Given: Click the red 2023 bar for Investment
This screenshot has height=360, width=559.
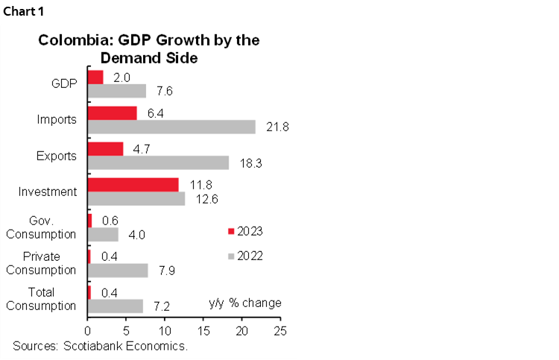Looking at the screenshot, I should (x=133, y=184).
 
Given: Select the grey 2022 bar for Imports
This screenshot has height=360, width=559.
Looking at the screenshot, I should (x=171, y=127).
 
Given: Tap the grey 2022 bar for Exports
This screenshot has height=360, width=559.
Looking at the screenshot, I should (x=158, y=162).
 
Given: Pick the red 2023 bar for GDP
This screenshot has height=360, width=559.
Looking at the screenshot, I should (x=95, y=77).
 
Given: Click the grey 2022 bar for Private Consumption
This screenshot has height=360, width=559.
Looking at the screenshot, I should (x=118, y=270).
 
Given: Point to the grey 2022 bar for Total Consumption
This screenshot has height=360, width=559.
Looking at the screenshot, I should (x=116, y=306).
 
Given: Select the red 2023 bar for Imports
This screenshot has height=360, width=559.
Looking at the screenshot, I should (x=112, y=113).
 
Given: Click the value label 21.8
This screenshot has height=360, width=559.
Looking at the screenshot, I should (x=273, y=127).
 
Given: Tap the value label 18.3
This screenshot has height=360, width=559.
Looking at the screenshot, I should (x=246, y=163).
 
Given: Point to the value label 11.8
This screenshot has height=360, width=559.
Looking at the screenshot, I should (x=195, y=184).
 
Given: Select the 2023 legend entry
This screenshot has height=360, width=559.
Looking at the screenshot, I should (x=245, y=230).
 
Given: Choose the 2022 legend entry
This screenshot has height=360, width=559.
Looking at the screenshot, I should (x=245, y=256).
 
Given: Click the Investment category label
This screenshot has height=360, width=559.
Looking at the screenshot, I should (x=48, y=192).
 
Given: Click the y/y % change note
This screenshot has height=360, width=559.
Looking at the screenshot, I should (x=244, y=303).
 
